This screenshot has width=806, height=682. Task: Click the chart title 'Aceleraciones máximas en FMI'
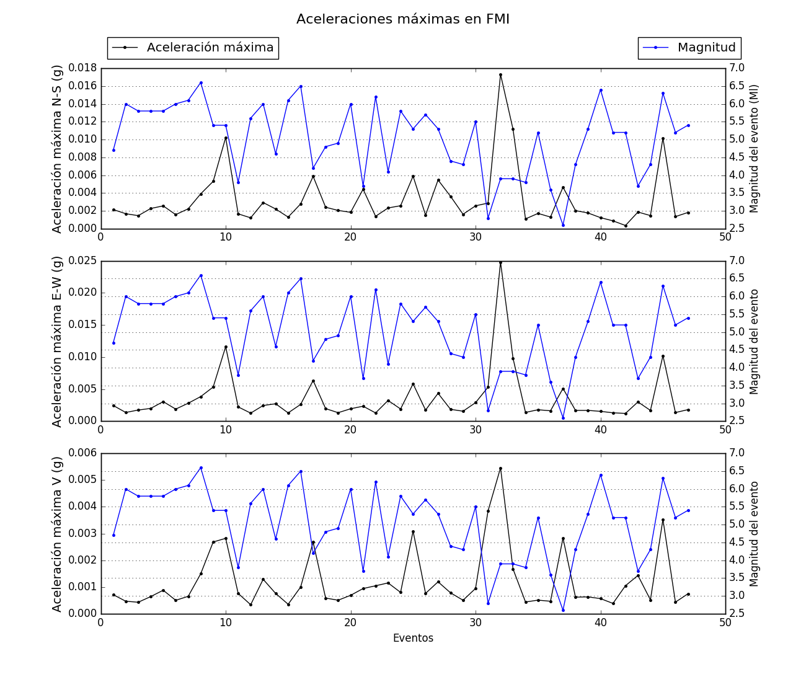tap(402, 19)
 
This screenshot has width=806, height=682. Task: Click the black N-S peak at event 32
tap(500, 75)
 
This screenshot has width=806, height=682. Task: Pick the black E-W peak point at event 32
tap(500, 262)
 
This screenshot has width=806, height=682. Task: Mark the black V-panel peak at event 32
tap(500, 468)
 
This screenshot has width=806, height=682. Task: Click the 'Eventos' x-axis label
tap(413, 638)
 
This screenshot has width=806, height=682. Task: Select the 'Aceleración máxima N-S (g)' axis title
tap(57, 149)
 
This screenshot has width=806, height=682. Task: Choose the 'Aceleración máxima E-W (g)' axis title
tap(57, 342)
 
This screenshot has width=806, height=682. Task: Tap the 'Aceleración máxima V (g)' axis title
tap(57, 534)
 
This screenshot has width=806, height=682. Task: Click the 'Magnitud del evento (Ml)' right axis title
tap(755, 149)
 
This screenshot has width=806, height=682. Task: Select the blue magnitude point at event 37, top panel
tap(563, 225)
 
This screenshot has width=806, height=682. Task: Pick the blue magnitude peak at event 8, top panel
tap(201, 82)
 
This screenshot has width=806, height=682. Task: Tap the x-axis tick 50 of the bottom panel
tap(725, 622)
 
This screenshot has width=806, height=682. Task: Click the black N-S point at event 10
tap(226, 138)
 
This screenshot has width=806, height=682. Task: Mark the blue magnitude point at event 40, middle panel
tap(601, 282)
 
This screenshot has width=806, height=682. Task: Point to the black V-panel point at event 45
tap(663, 520)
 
